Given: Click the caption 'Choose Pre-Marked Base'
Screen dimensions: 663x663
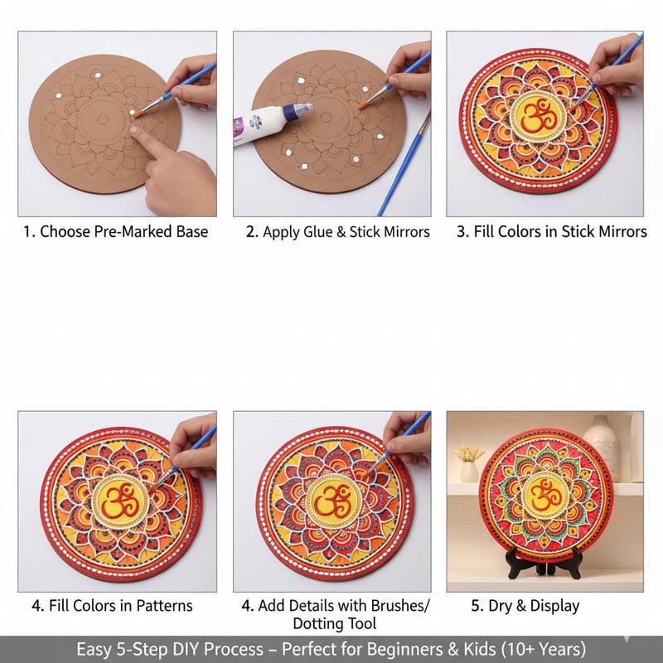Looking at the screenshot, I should click(123, 232).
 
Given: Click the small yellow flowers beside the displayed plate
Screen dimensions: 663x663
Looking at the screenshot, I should click(469, 454).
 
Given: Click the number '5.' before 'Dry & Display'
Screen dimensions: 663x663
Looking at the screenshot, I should click(477, 606).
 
